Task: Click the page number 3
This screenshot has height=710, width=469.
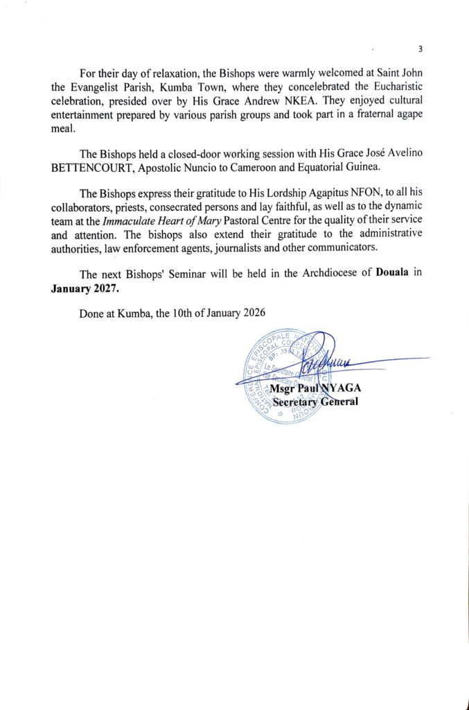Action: pos(421,49)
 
